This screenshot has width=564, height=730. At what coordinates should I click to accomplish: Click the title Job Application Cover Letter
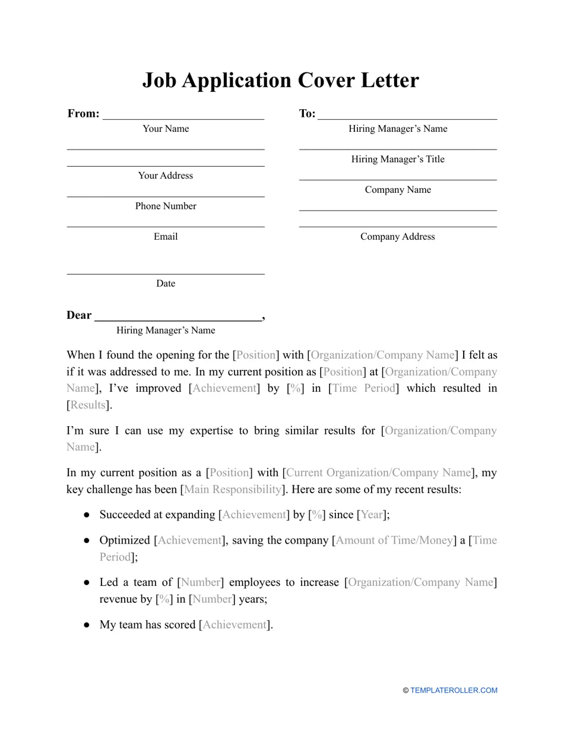281,80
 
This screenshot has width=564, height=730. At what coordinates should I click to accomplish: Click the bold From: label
83,113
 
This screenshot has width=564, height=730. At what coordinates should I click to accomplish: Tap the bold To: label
307,113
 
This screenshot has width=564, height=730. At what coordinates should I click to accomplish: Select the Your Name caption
166,129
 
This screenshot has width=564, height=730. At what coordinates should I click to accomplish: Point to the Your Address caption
166,176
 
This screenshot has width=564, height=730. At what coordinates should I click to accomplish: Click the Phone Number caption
166,206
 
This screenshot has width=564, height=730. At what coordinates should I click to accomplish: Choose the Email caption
166,237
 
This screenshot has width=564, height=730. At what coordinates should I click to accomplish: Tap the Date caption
166,284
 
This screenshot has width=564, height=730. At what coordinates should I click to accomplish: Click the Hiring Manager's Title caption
398,159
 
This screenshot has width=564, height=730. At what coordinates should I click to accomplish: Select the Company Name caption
398,190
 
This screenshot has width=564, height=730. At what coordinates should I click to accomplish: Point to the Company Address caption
398,237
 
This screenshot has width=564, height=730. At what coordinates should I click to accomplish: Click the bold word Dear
79,315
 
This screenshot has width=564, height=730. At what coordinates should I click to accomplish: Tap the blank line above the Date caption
166,274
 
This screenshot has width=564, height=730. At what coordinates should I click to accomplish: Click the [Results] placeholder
88,405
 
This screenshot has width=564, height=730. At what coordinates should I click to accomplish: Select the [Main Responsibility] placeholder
233,490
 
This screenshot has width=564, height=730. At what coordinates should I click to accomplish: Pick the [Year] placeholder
372,515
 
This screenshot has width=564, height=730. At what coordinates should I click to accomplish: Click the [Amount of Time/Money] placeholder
394,541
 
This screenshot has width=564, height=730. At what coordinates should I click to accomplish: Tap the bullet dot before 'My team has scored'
87,625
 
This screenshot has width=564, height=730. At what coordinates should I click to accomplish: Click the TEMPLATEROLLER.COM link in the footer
454,690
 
